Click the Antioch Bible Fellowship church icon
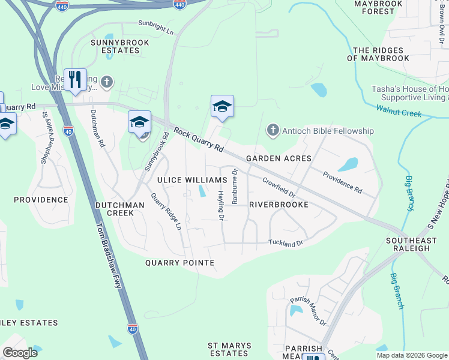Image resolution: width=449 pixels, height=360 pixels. (x=273, y=130)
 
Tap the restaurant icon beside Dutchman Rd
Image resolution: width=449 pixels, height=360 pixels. (x=75, y=80)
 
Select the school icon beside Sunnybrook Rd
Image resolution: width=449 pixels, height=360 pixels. (x=139, y=122)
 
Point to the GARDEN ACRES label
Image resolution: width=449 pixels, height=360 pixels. (x=279, y=158)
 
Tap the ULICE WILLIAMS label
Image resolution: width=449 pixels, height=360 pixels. (x=192, y=180)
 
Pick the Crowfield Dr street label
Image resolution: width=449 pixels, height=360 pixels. (x=279, y=187)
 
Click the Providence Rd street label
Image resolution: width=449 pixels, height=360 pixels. (x=342, y=182)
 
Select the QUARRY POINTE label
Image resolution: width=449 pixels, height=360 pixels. (x=179, y=263)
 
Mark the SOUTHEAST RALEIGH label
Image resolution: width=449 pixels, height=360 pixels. (x=414, y=245)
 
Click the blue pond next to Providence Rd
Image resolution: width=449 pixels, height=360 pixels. (x=348, y=164)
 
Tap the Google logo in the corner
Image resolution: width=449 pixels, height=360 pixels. (x=20, y=353)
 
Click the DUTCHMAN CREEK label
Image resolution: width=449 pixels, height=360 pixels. (x=120, y=209)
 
